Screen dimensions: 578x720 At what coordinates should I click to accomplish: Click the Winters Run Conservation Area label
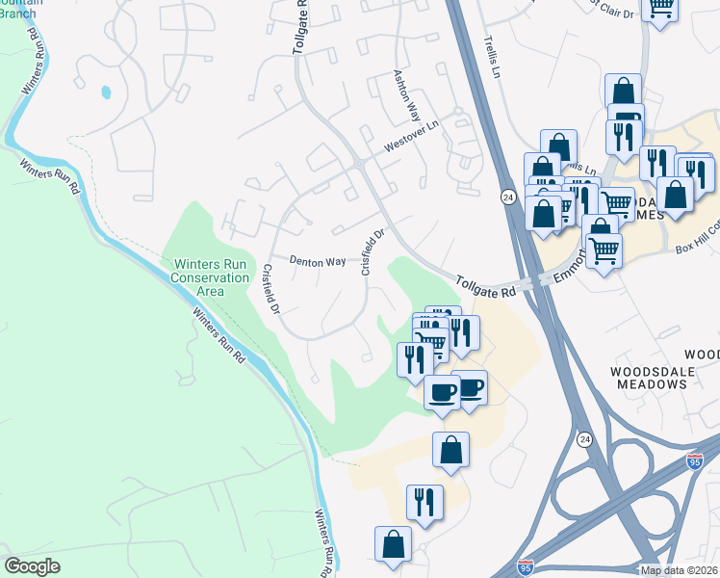coord(210,277)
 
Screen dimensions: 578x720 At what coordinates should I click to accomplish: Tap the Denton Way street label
coord(319,261)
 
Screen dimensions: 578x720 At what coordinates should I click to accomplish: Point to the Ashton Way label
coord(405,93)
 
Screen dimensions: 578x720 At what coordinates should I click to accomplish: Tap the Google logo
coord(32,566)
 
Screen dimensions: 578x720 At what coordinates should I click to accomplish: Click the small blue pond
coord(104,93)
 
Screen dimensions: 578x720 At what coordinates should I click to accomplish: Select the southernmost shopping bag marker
coord(393,544)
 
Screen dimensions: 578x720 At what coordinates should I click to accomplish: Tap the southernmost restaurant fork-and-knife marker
coord(424,502)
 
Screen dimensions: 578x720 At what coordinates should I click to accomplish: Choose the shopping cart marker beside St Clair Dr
coord(660,8)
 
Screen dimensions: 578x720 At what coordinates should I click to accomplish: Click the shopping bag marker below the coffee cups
coord(450,450)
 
